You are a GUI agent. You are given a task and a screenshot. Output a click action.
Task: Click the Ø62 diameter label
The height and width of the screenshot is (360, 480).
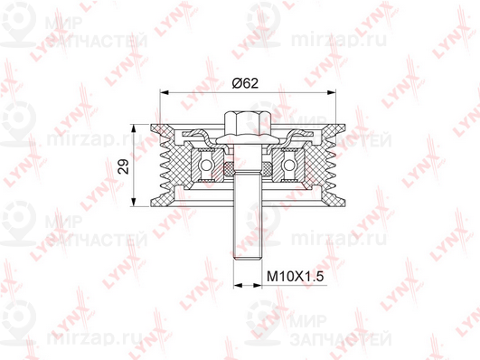pyautogui.click(x=245, y=82)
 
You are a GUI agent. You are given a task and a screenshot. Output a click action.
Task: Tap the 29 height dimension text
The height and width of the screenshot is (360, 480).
pyautogui.click(x=124, y=166)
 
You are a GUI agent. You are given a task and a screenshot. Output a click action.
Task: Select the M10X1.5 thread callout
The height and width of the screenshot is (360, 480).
pyautogui.click(x=295, y=277)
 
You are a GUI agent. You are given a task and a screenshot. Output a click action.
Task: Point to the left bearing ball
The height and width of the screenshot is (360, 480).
pyautogui.click(x=206, y=166)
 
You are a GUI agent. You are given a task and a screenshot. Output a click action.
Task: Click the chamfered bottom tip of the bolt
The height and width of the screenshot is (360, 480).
pyautogui.click(x=248, y=260)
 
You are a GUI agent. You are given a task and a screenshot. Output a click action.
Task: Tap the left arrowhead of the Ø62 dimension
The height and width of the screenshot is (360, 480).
pyautogui.click(x=165, y=92)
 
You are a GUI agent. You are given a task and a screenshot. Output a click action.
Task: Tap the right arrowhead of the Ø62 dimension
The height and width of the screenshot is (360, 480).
pyautogui.click(x=332, y=92)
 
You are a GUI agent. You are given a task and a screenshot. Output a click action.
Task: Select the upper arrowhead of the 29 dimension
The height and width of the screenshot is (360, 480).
pyautogui.click(x=133, y=128)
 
